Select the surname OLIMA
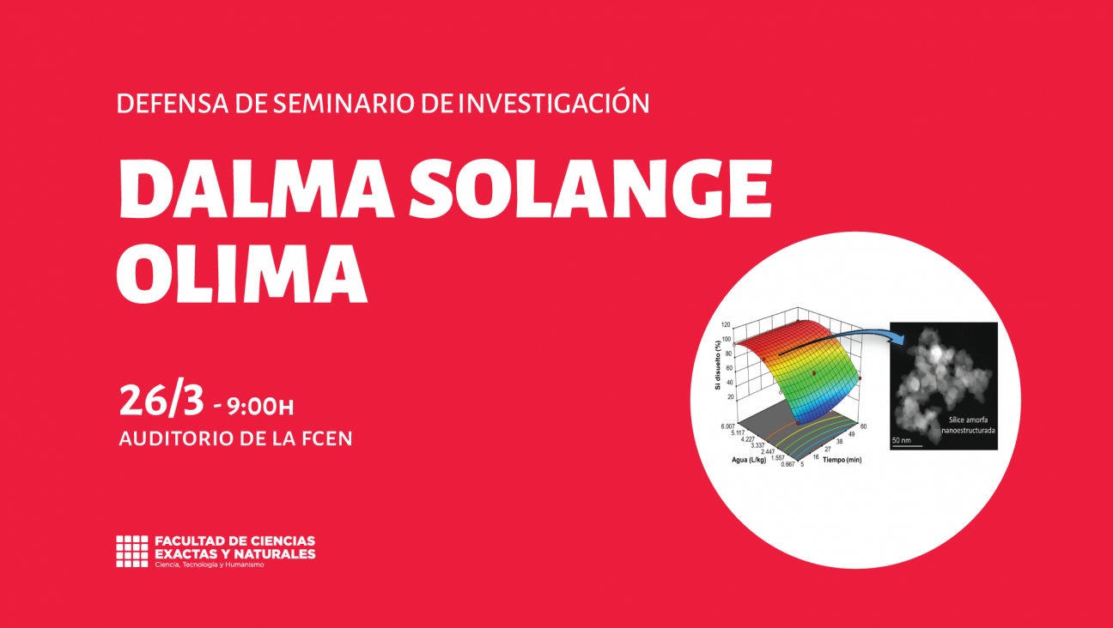tap(243, 273)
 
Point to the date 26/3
tap(161, 400)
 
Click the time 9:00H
tap(262, 404)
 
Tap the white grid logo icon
tap(131, 552)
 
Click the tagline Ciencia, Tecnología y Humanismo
tap(209, 565)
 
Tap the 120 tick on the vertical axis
tap(727, 325)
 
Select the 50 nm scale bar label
tap(902, 440)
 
